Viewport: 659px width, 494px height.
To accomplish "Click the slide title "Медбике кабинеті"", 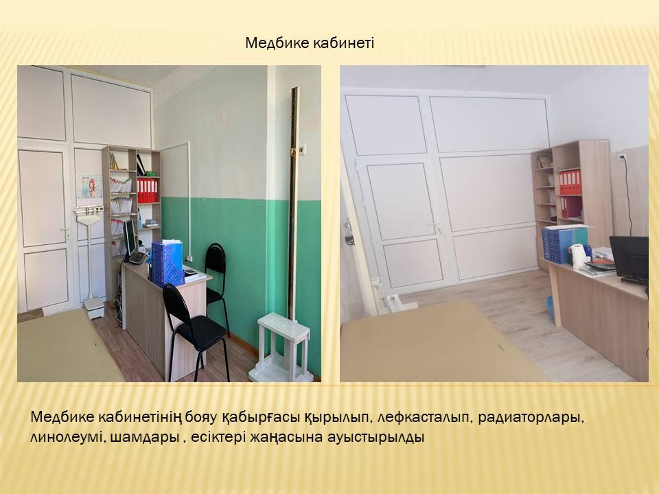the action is tap(310, 43).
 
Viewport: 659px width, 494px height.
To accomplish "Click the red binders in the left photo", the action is tap(148, 190).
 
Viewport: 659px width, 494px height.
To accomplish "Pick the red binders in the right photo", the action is tap(570, 183).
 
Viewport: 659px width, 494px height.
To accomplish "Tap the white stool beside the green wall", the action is tap(280, 347).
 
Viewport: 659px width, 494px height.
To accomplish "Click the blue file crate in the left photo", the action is tap(167, 263).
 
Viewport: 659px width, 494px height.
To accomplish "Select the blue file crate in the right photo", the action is tap(557, 245).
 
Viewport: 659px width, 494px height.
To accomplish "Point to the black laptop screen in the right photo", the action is tap(629, 256).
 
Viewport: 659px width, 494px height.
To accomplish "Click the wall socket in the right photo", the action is tap(622, 156).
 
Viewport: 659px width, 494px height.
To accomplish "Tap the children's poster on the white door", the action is tap(89, 187).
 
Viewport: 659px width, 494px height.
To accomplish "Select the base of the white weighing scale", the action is tap(94, 307).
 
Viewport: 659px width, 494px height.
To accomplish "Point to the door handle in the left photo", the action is tap(65, 231).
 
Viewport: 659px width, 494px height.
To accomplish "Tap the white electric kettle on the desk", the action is tap(578, 256).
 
